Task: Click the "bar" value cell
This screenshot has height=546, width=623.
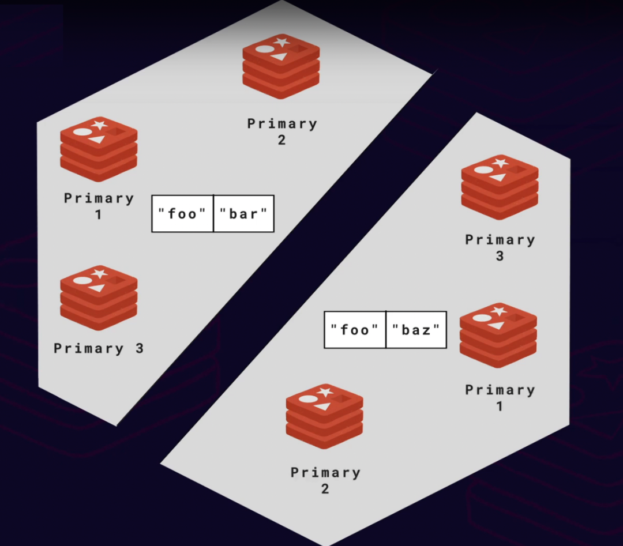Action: click(x=244, y=214)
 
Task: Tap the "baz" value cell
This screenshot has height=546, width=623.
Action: click(x=416, y=330)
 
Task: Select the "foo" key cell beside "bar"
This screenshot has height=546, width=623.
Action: click(x=183, y=214)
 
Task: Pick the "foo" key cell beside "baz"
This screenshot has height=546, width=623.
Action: click(x=355, y=330)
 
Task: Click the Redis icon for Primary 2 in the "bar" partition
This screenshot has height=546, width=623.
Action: click(x=282, y=66)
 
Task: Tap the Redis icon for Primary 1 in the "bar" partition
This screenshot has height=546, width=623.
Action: click(x=99, y=149)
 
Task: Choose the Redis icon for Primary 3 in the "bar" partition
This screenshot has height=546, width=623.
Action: click(x=99, y=298)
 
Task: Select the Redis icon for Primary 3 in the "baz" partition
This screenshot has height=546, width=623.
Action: click(x=500, y=187)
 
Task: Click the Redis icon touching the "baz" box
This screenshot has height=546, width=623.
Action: click(x=498, y=336)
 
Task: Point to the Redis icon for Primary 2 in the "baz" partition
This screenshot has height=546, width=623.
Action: click(x=325, y=416)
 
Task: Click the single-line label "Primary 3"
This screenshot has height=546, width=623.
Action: click(x=99, y=348)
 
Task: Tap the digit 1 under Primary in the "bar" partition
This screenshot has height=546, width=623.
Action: click(x=98, y=214)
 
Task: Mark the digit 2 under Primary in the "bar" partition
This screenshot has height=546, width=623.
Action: click(x=282, y=140)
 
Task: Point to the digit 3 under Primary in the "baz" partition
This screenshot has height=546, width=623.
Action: click(x=500, y=256)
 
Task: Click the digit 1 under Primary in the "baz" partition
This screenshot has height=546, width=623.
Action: click(x=500, y=406)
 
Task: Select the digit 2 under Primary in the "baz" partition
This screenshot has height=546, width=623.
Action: click(x=325, y=489)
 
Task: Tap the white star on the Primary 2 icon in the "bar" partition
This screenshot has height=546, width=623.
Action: click(x=282, y=42)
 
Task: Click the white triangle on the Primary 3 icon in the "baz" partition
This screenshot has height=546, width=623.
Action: click(x=498, y=177)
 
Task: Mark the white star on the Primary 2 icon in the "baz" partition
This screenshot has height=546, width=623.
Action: click(x=325, y=392)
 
